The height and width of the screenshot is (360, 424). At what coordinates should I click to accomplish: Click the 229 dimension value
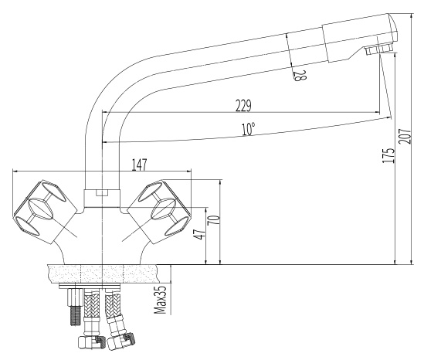pyautogui.click(x=243, y=106)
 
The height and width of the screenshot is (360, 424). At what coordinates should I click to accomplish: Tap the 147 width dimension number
pyautogui.click(x=140, y=165)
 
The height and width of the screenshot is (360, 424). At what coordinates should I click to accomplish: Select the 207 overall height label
pyautogui.click(x=405, y=137)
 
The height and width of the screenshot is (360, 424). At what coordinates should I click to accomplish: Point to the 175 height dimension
pyautogui.click(x=388, y=155)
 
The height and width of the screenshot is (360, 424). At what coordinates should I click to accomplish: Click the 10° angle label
pyautogui.click(x=248, y=129)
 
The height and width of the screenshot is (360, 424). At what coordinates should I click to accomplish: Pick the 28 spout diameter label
pyautogui.click(x=300, y=76)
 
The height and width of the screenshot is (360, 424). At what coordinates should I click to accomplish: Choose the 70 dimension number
pyautogui.click(x=213, y=220)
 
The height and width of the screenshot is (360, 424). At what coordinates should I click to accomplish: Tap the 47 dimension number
pyautogui.click(x=200, y=234)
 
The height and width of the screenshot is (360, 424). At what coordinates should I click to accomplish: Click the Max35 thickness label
pyautogui.click(x=160, y=300)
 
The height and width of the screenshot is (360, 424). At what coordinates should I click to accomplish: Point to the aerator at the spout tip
pyautogui.click(x=378, y=49)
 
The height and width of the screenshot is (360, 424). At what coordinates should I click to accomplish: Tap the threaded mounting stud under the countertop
pyautogui.click(x=75, y=307)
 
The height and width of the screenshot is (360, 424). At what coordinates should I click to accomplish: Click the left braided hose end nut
pyautogui.click(x=91, y=343)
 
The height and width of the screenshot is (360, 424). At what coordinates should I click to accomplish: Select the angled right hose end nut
pyautogui.click(x=120, y=341)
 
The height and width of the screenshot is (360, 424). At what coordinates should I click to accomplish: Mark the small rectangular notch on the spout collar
pyautogui.click(x=102, y=193)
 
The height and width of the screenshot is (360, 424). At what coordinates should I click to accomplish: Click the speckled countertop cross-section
pyautogui.click(x=102, y=273)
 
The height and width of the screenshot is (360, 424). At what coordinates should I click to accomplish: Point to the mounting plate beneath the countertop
pyautogui.click(x=90, y=286)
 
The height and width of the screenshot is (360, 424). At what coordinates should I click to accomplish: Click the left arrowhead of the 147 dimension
pyautogui.click(x=15, y=171)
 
